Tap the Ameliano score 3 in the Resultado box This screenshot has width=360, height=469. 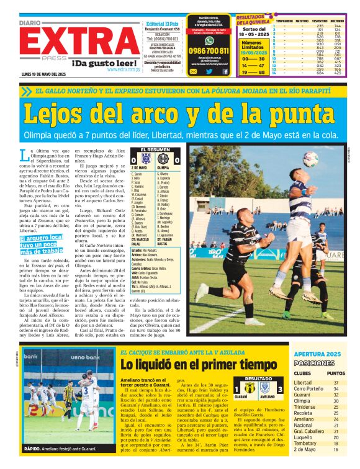tap(281, 388)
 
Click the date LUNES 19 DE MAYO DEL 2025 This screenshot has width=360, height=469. tap(47, 74)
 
